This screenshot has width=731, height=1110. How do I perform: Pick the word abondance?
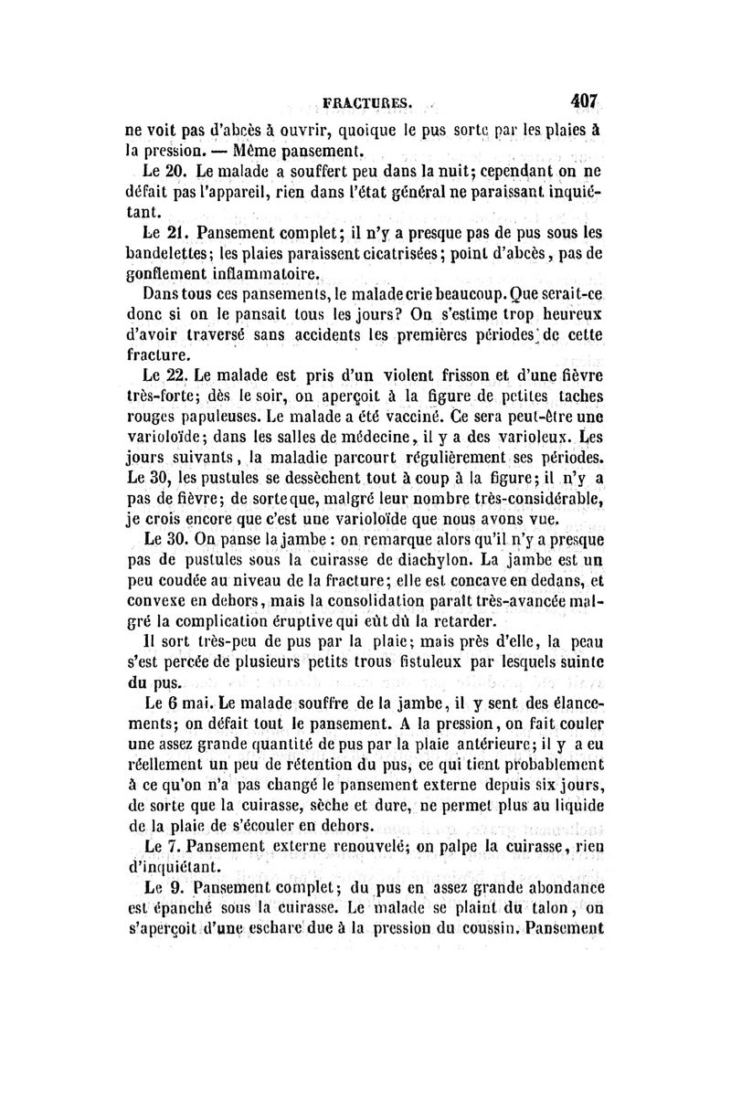[568, 888]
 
